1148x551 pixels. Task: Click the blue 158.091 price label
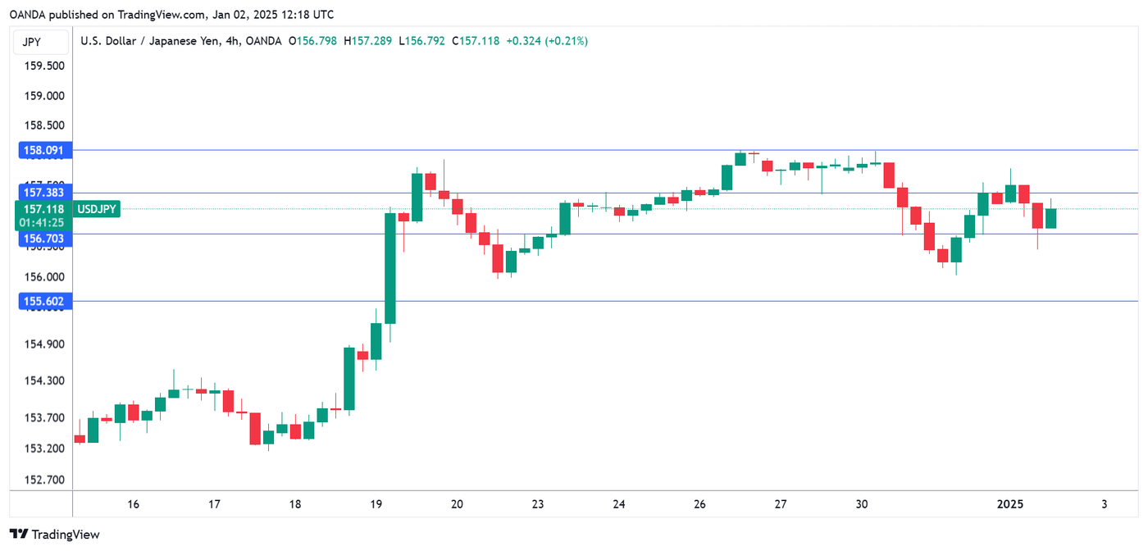pyautogui.click(x=43, y=151)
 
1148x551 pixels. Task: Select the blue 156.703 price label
pyautogui.click(x=43, y=238)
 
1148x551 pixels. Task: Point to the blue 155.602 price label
pyautogui.click(x=43, y=302)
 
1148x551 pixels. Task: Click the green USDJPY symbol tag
pyautogui.click(x=98, y=209)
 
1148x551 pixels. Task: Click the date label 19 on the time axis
pyautogui.click(x=376, y=504)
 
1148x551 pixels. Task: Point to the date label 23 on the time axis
pyautogui.click(x=538, y=504)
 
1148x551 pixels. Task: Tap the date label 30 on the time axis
pyautogui.click(x=861, y=504)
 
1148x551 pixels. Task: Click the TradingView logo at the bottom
pyautogui.click(x=55, y=535)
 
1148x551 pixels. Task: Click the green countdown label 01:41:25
pyautogui.click(x=43, y=221)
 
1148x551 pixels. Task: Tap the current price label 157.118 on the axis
pyautogui.click(x=43, y=209)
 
